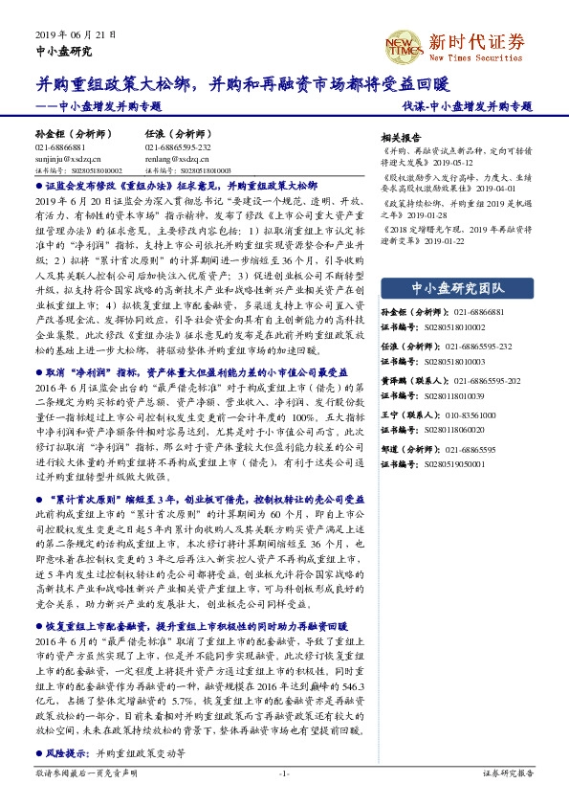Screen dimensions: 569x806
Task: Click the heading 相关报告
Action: [401, 137]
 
